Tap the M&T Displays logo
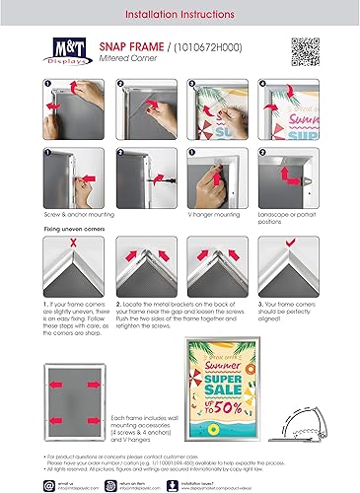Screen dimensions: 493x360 [68, 53]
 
